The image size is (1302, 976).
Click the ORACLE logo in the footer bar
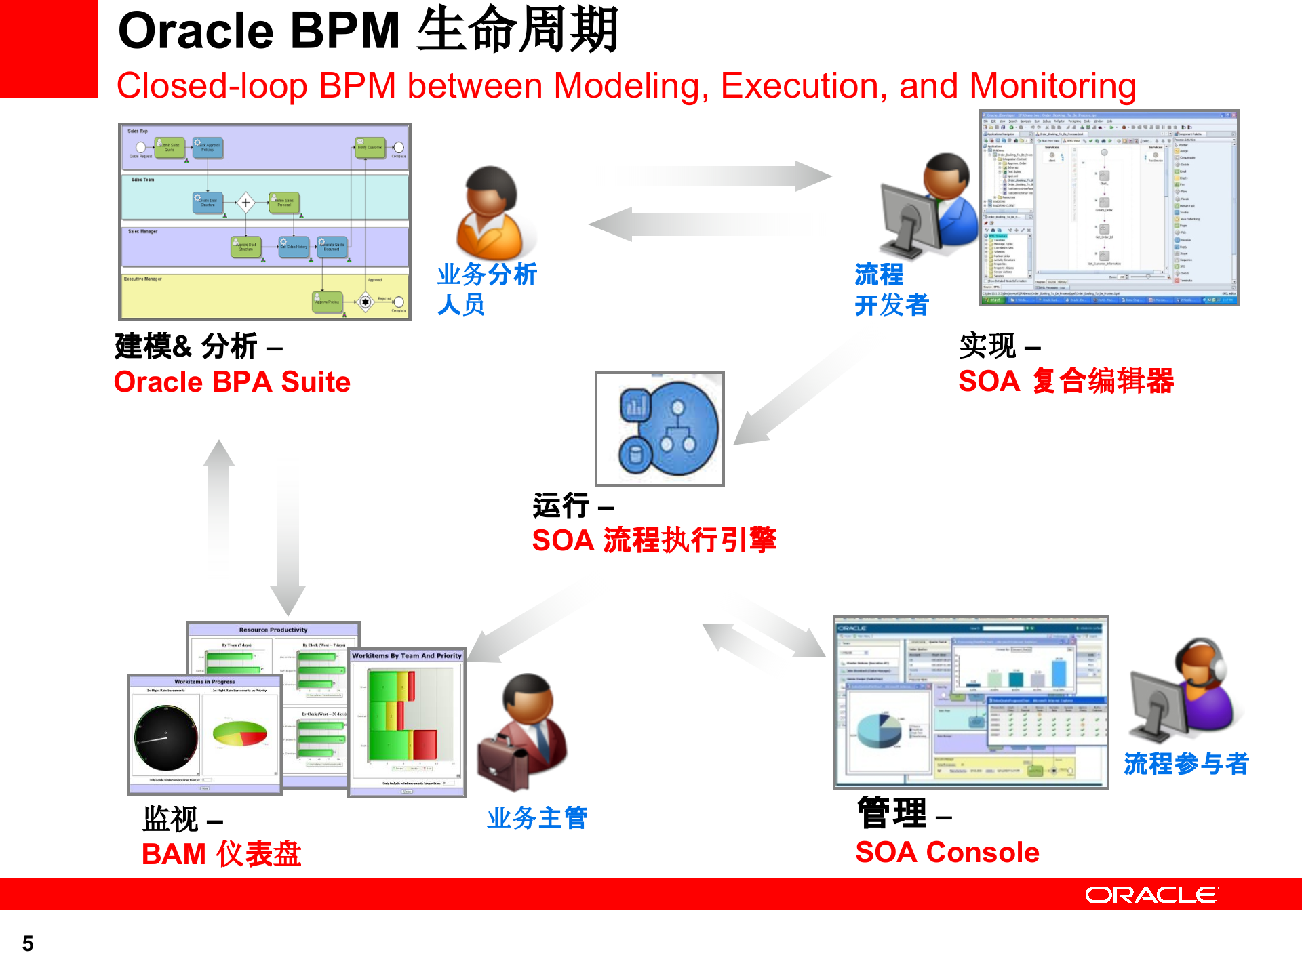[x=1151, y=895]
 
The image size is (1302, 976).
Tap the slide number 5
[x=28, y=943]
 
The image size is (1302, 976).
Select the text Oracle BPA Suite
[x=232, y=382]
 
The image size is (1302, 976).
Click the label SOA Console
[x=947, y=852]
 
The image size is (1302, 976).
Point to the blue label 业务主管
[x=537, y=818]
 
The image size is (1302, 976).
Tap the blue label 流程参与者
[x=1186, y=764]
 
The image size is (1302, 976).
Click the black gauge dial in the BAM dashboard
[x=166, y=738]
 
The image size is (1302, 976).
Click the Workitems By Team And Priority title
[x=407, y=656]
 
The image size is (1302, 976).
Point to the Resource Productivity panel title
[x=273, y=630]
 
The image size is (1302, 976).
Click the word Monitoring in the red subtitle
[x=1052, y=87]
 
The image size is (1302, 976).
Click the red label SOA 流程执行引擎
[x=654, y=540]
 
